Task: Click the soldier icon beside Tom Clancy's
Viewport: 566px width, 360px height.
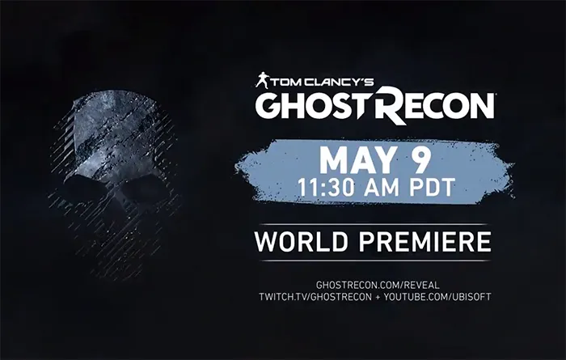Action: [262, 80]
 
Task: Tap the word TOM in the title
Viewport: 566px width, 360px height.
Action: [285, 81]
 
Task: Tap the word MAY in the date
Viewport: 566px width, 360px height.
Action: [354, 160]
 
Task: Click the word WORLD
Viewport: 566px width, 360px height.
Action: [300, 241]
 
